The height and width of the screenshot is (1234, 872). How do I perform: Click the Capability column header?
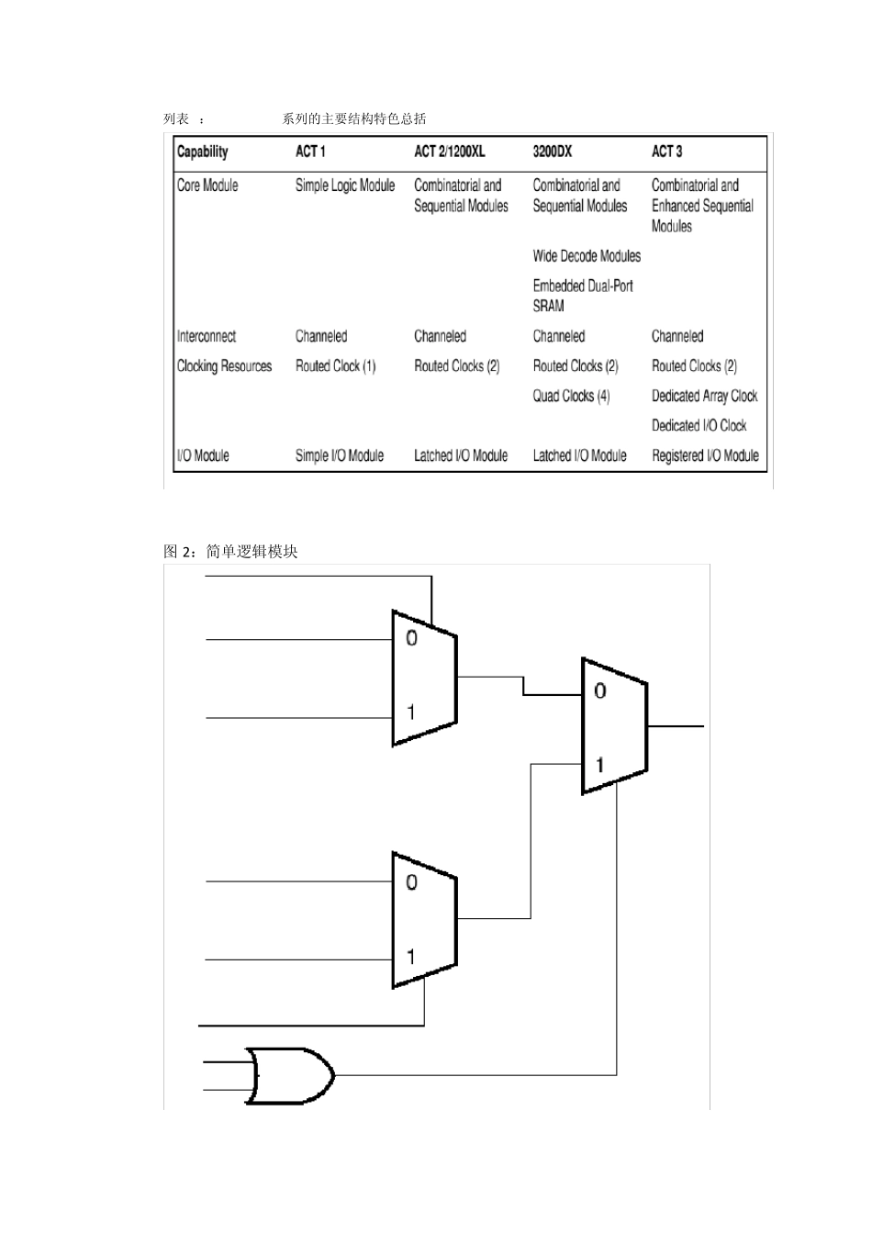point(202,151)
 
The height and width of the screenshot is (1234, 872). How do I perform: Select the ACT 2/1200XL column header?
point(449,151)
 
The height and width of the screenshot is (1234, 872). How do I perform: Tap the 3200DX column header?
point(552,151)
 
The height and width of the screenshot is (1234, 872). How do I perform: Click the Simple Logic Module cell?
point(345,185)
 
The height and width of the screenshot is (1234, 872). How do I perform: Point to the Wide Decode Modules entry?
point(587,256)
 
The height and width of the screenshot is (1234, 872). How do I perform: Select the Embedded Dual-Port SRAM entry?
point(583,296)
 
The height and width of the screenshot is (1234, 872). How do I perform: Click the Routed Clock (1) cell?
point(335,366)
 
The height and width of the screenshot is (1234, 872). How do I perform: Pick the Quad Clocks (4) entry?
point(571,396)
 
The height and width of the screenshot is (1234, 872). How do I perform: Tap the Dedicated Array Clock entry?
point(704,396)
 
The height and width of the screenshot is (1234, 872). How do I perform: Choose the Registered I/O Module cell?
point(705,455)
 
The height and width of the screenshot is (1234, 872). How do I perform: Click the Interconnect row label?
point(207,336)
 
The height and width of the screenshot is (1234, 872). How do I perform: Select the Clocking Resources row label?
point(224,366)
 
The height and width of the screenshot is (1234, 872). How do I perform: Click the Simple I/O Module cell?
point(340,455)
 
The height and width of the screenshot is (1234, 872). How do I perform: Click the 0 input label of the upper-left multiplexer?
point(411,638)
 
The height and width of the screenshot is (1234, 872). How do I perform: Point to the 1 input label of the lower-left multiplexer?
point(410,957)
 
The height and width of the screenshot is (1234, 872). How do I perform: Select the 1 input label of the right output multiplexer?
point(599,764)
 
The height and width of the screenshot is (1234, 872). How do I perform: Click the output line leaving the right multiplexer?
point(676,726)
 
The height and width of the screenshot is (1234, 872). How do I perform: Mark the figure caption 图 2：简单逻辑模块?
point(230,552)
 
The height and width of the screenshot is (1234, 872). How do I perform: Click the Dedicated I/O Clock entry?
point(699,426)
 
